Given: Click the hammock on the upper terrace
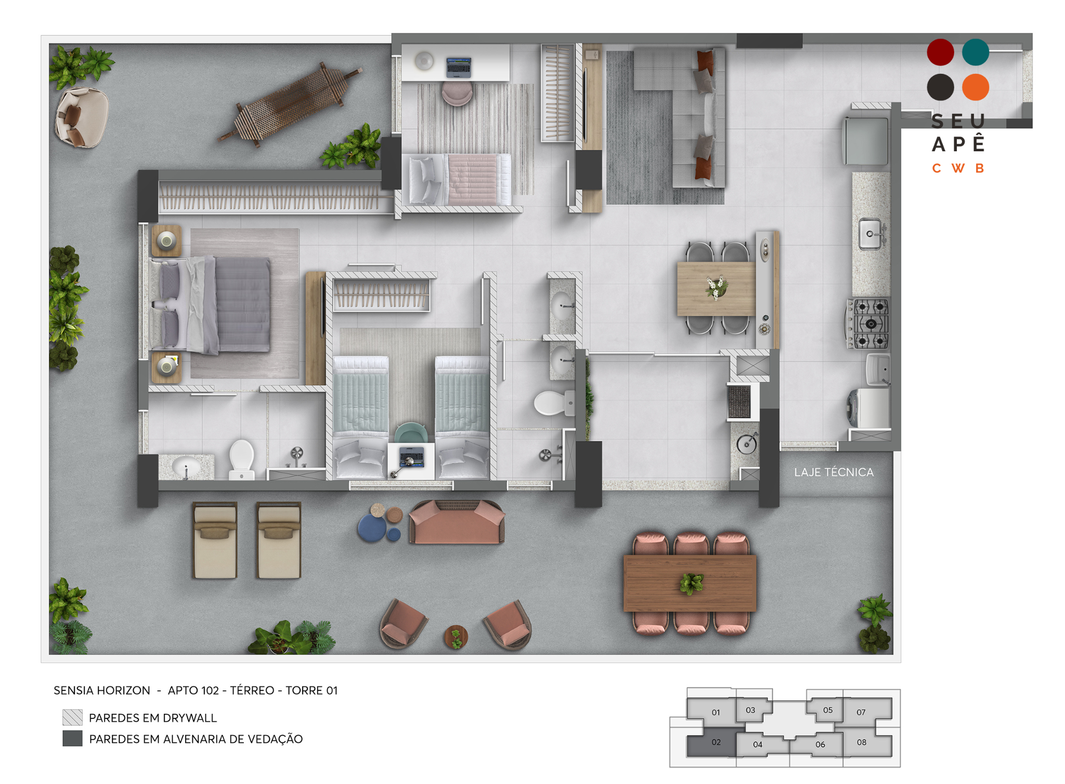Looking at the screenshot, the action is [x=290, y=103].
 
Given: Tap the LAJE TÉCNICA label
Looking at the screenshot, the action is [x=834, y=472].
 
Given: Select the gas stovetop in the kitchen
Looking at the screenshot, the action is [x=868, y=323].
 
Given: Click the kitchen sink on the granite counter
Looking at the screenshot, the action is [x=871, y=234].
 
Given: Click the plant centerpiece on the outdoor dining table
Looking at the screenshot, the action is [x=691, y=583].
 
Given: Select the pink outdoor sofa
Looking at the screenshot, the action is [x=457, y=522].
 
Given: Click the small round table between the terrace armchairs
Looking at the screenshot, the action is [x=456, y=636].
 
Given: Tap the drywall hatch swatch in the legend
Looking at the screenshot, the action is [x=72, y=717].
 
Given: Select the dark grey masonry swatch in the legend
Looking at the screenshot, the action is [x=72, y=738].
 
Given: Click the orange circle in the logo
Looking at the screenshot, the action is [x=975, y=87].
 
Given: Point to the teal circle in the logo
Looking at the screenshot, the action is [x=975, y=52].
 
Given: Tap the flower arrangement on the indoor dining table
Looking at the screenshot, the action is [x=716, y=288].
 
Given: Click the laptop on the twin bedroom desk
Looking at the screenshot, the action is [x=411, y=458].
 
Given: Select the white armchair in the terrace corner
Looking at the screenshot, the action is [x=82, y=117].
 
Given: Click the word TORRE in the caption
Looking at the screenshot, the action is [x=304, y=690].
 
